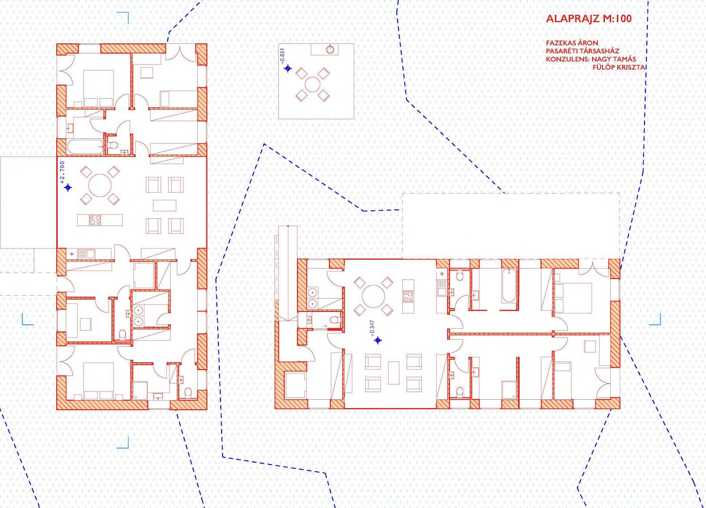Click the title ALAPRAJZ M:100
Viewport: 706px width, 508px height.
589,19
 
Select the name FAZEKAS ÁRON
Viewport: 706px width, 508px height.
572,43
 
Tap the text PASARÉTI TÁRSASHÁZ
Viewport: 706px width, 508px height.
583,51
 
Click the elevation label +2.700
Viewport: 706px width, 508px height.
62,172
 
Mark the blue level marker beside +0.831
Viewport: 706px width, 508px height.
288,68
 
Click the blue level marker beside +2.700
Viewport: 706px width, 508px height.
68,188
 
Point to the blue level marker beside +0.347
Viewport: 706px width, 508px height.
378,340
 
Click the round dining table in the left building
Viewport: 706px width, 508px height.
100,186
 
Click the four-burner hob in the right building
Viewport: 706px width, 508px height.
408,296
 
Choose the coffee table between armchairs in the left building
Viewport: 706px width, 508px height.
165,205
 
